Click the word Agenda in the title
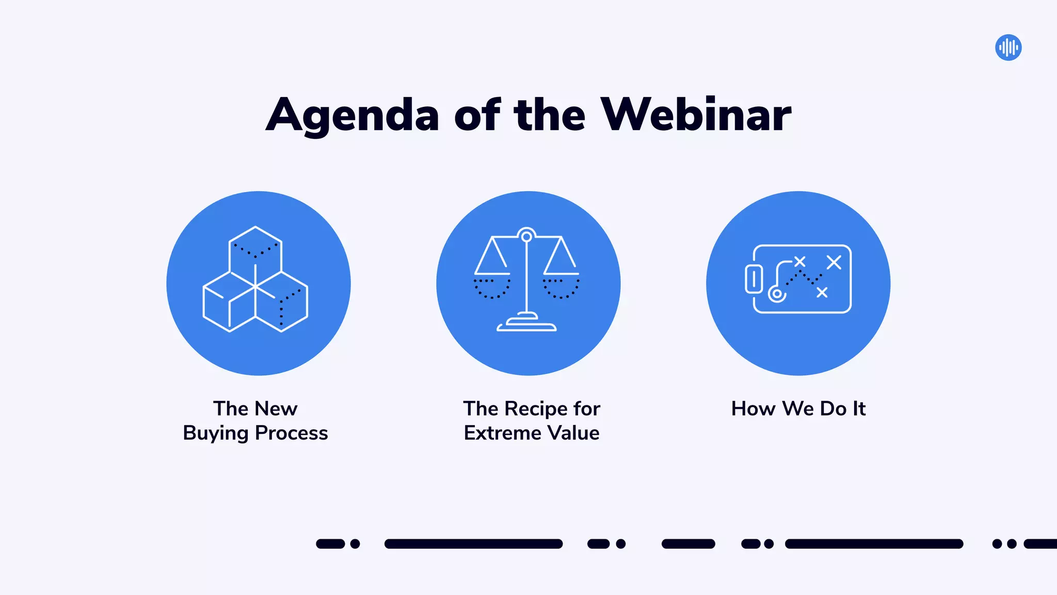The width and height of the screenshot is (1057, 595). [x=353, y=116]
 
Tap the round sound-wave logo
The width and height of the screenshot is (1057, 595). [x=1008, y=48]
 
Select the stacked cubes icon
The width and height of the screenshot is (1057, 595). [x=255, y=279]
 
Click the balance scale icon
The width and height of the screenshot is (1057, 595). [x=527, y=279]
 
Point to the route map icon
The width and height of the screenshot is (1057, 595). [x=798, y=279]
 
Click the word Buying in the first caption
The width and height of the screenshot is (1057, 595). [x=216, y=433]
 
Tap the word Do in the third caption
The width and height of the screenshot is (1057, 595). [x=834, y=409]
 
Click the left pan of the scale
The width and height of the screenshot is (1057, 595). [x=492, y=287]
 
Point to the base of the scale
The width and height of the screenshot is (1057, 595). [x=526, y=324]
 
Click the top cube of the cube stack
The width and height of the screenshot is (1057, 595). [x=255, y=248]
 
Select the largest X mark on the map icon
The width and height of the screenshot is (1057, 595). [x=834, y=262]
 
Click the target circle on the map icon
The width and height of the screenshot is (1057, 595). [x=777, y=294]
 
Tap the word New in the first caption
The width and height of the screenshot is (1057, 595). [x=277, y=409]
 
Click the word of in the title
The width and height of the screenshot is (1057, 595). [x=477, y=115]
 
